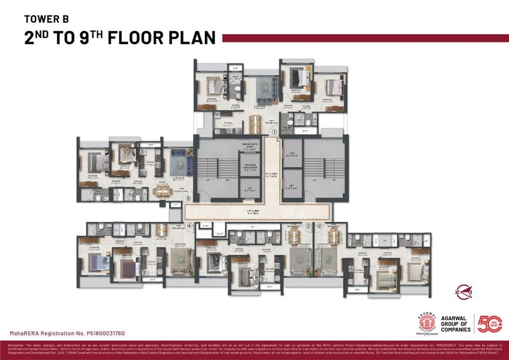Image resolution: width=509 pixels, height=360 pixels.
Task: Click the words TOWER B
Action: pos(46,19)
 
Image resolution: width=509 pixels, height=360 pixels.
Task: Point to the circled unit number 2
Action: pos(319,225)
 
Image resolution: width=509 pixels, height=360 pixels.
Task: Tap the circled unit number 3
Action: pos(307,225)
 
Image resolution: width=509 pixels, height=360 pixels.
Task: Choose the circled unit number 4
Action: pos(190,225)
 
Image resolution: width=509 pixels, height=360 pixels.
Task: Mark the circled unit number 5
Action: pos(189,198)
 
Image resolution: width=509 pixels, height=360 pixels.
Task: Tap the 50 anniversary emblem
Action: pos(489,323)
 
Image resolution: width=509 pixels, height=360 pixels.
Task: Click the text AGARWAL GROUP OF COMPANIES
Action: pos(450,323)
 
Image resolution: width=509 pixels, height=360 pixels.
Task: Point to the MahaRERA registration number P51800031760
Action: pos(67,333)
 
